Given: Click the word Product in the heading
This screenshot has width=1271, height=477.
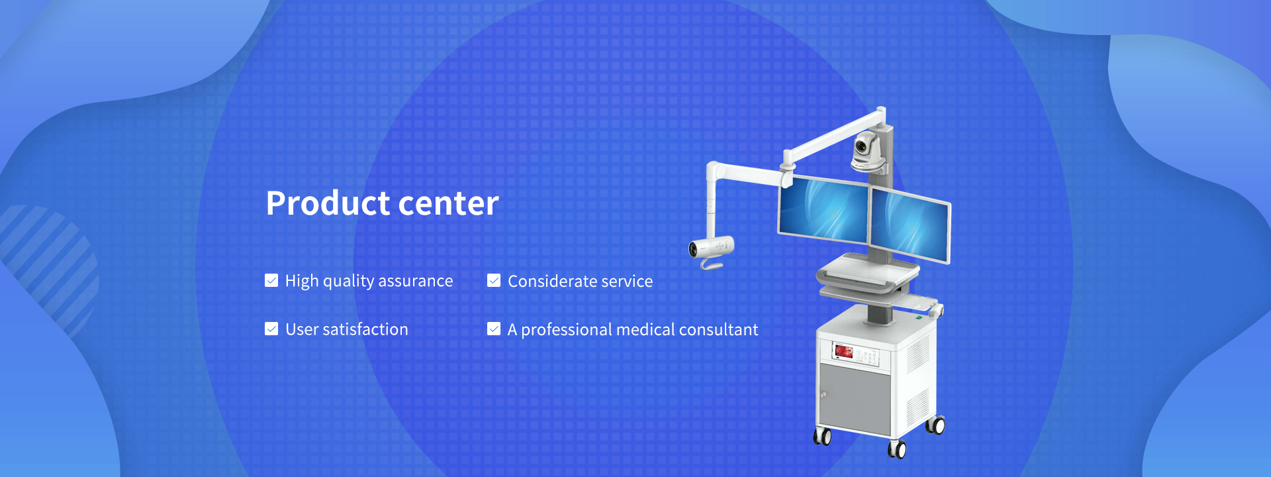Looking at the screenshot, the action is coord(328,203).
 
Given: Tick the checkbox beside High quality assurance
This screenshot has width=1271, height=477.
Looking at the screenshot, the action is coord(271,281).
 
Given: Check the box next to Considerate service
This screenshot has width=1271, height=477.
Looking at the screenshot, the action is coord(494,281).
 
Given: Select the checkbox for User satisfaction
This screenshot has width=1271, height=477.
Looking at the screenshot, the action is coord(271,329).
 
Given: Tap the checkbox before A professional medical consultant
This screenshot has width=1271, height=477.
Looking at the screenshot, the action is coord(494,329).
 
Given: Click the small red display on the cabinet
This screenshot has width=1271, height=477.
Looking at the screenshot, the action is coord(843,350).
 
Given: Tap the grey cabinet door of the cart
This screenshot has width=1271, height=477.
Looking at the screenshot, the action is coord(855,396).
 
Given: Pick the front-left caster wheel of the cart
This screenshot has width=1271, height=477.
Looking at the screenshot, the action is coord(822,436).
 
